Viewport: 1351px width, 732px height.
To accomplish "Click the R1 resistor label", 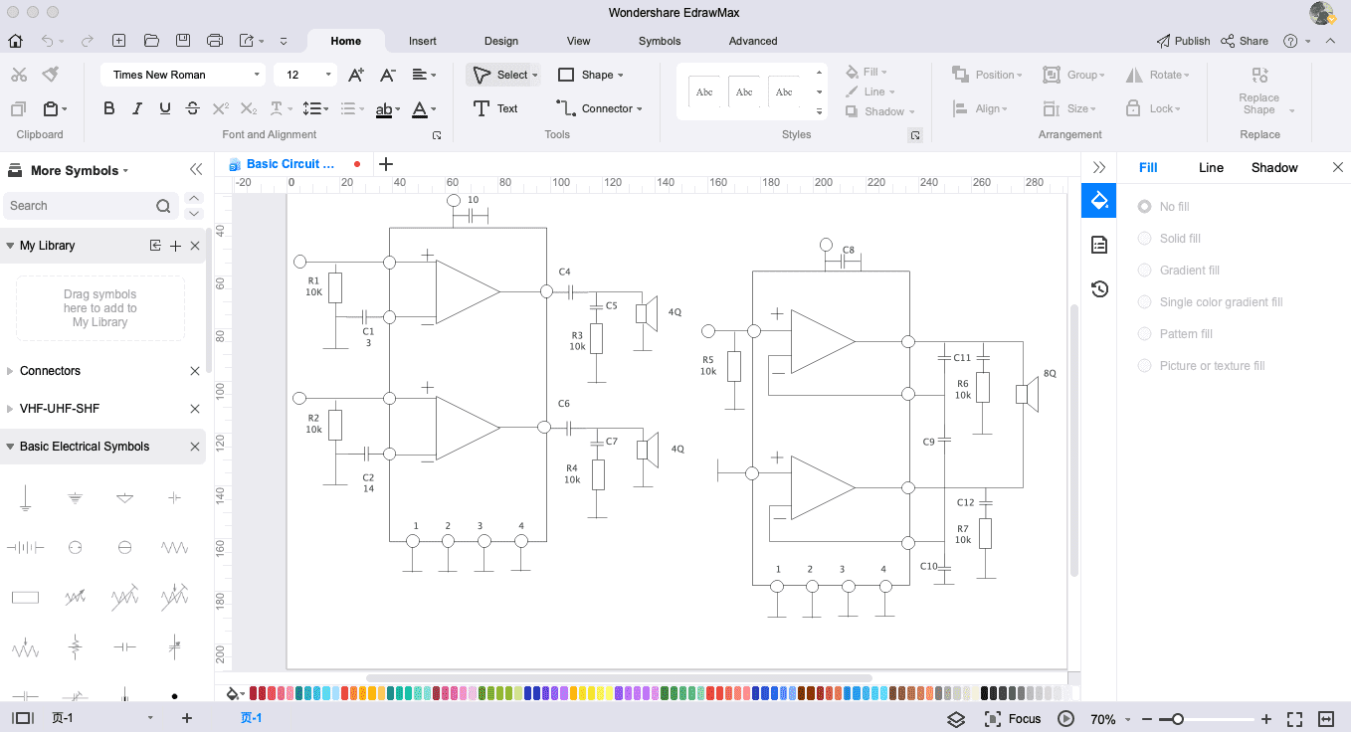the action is tap(313, 280).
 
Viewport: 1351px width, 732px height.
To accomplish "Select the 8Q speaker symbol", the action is tap(1027, 394).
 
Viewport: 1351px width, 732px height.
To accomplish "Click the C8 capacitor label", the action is tap(848, 250).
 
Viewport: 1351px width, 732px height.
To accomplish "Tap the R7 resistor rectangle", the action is tap(985, 534).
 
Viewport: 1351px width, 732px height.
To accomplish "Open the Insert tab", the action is tap(422, 41).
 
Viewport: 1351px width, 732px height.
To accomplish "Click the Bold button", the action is tap(108, 108).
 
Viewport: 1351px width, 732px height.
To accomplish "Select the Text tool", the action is tap(495, 108).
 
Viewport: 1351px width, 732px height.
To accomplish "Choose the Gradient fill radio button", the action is tap(1144, 271).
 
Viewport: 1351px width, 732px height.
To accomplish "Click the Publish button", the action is tap(1183, 41).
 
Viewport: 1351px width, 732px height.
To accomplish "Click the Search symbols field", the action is tap(82, 206).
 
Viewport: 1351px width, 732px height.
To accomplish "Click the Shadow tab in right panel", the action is tap(1273, 168).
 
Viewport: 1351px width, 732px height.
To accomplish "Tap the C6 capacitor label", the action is tap(563, 404).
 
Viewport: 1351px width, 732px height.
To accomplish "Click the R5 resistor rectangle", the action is tap(734, 366).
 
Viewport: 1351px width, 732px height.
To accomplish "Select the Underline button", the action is tap(165, 108).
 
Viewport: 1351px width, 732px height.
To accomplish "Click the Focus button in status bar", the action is tap(1013, 719).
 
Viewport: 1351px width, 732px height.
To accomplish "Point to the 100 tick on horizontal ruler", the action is tap(560, 182).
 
